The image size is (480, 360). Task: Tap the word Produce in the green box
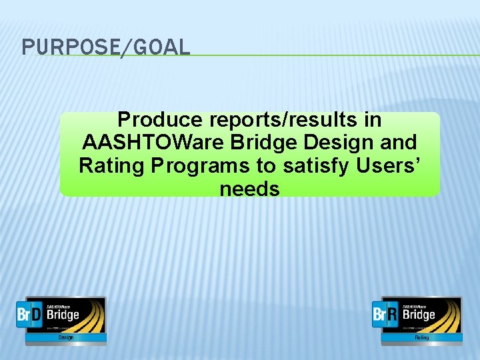(x=160, y=120)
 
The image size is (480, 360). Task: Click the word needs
(x=249, y=189)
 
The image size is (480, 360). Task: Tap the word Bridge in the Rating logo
(x=420, y=314)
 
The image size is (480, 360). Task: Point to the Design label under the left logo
(x=66, y=337)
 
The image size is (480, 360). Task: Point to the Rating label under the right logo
(x=422, y=337)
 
